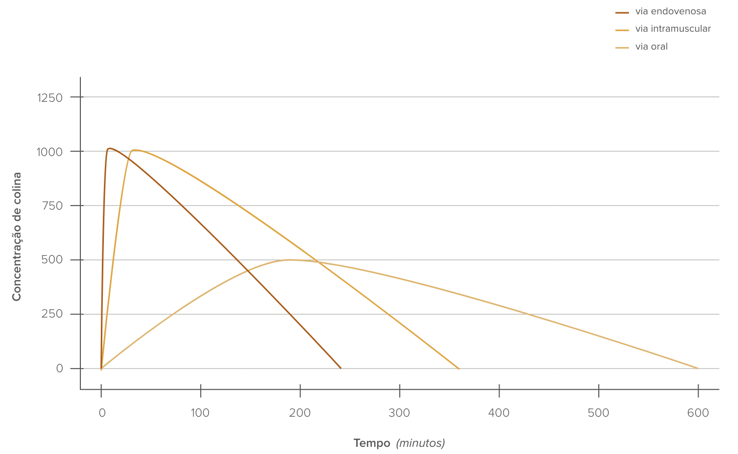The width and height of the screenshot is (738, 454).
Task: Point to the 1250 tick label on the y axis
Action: (x=50, y=97)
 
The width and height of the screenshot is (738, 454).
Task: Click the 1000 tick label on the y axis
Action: (x=50, y=152)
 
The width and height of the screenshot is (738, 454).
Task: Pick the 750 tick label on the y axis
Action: (x=52, y=206)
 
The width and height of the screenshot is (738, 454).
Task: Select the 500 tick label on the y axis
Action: (x=52, y=260)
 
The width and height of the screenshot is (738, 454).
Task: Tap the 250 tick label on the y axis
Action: (x=52, y=314)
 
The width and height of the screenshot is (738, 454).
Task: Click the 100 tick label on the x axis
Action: (x=200, y=413)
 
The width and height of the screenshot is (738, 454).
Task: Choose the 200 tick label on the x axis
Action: (x=300, y=413)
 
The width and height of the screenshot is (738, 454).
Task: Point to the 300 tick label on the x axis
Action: (x=399, y=413)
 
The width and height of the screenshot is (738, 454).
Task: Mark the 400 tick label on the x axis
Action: (x=499, y=413)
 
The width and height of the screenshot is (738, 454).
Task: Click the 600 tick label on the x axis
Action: (x=698, y=413)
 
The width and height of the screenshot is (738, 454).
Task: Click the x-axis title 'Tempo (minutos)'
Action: (x=399, y=443)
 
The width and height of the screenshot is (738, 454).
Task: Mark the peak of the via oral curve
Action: (x=290, y=260)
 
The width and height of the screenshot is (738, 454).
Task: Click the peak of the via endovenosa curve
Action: (x=109, y=149)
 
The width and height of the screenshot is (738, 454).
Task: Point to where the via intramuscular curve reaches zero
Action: (x=459, y=369)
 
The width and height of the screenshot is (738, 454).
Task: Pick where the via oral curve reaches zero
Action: (x=698, y=368)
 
